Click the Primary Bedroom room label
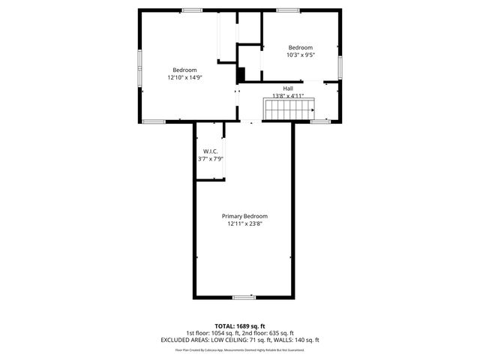click(244, 216)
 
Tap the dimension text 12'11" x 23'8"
click(244, 223)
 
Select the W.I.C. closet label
click(209, 151)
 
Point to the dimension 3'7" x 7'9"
click(209, 159)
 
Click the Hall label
click(288, 88)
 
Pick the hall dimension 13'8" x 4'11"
click(288, 96)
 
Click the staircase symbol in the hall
click(288, 110)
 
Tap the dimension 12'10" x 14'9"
click(184, 77)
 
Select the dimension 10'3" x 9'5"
click(300, 55)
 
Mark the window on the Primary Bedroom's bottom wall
click(244, 298)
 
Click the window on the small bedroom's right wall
click(340, 66)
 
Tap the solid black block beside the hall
click(240, 75)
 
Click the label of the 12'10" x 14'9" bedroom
click(184, 70)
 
